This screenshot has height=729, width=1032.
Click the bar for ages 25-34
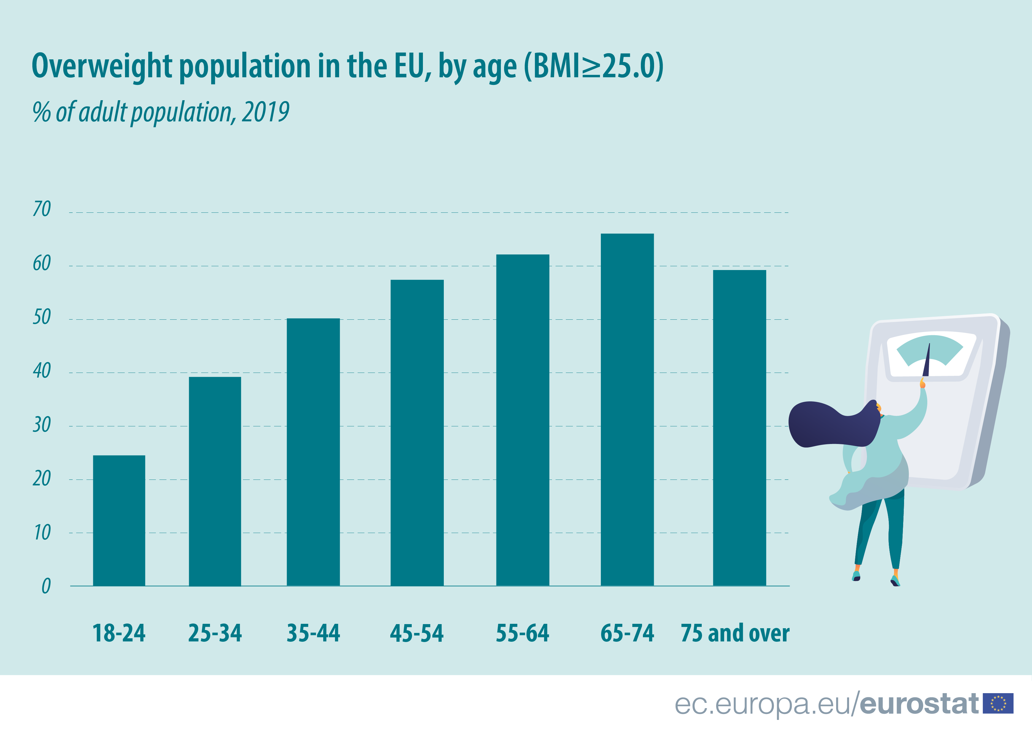[x=215, y=481]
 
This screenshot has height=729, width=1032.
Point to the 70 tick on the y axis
[x=42, y=209]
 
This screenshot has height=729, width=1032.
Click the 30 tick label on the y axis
[x=42, y=425]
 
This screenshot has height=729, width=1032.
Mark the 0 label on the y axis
[x=46, y=586]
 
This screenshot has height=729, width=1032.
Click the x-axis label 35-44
[x=313, y=633]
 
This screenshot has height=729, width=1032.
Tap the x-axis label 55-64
[x=522, y=633]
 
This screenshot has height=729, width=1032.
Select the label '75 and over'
[x=735, y=633]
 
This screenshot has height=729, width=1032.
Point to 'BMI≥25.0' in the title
[x=593, y=66]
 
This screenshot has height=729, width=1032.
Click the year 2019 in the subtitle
[x=265, y=112]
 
